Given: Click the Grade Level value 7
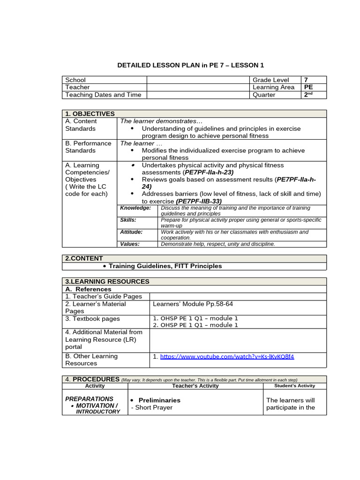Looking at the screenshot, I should click(x=306, y=80).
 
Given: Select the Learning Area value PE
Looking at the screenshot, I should click(x=308, y=87).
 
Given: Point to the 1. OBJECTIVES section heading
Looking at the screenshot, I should click(x=90, y=113).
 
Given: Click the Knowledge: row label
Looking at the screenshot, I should click(x=135, y=208).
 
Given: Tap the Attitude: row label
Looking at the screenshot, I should click(x=131, y=232).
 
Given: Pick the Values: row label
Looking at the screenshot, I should click(x=130, y=244).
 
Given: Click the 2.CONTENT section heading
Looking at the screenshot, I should click(x=84, y=258).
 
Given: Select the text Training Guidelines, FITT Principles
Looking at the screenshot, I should click(x=165, y=266).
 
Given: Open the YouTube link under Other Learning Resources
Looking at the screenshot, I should click(x=227, y=356).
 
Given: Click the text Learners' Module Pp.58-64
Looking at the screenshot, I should click(x=193, y=304).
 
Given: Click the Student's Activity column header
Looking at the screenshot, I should click(x=295, y=386).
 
